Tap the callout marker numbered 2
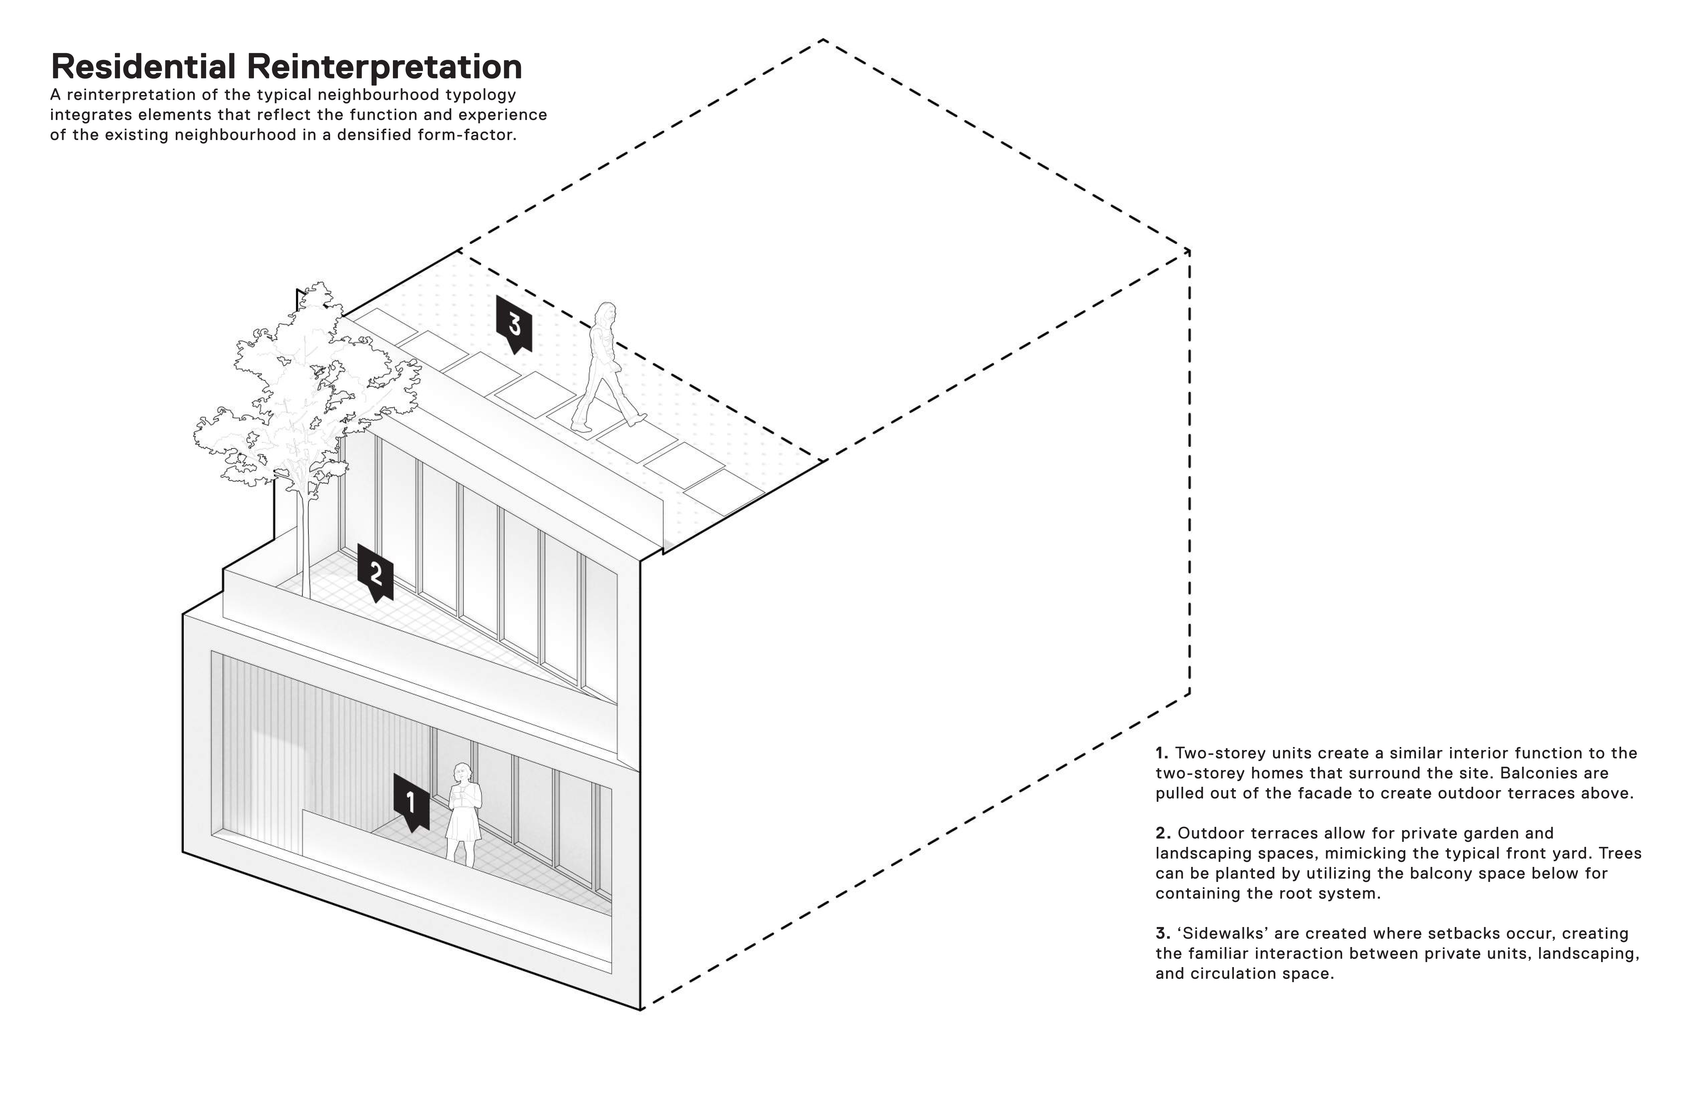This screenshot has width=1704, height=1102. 375,572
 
